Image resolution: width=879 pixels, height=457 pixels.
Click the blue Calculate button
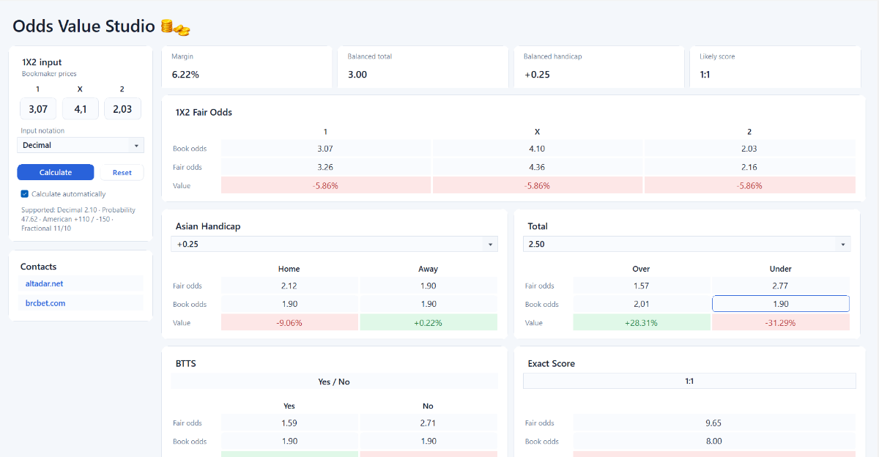pos(56,172)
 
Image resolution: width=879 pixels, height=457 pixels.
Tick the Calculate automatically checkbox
pos(25,194)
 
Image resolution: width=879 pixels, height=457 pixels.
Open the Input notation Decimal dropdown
pos(81,145)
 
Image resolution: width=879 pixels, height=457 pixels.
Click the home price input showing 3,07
pos(38,108)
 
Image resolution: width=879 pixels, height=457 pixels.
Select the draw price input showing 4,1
pos(81,108)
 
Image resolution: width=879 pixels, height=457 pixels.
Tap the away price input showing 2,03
pos(122,108)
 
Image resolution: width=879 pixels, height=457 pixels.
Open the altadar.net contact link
pos(44,283)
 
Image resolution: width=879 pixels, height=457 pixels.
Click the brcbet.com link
pos(45,303)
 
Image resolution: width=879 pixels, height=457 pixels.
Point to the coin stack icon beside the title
pos(175,27)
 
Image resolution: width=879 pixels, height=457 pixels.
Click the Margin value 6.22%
pos(185,75)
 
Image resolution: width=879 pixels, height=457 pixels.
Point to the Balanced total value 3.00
pos(357,75)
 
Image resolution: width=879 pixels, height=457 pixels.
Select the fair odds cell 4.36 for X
pos(537,167)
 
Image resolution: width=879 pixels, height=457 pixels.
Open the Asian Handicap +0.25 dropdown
pos(334,244)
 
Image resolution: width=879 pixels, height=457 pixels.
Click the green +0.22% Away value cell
pos(428,322)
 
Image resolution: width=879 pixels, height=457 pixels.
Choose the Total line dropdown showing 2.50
pos(687,244)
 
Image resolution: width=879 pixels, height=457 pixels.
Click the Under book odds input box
pos(781,304)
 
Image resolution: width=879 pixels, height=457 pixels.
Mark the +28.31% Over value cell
pos(641,322)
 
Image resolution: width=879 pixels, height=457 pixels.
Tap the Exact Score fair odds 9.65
pos(713,423)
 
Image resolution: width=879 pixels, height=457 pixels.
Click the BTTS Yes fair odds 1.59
pos(289,423)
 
